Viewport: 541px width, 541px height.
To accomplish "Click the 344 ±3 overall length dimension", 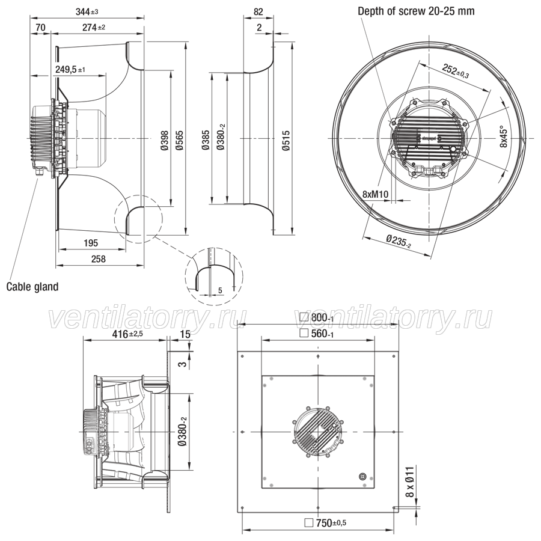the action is (x=87, y=12).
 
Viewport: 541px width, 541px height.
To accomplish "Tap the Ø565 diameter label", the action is (x=180, y=141).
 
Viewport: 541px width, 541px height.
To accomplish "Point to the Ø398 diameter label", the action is (x=165, y=141).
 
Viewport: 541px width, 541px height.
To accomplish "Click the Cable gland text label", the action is (x=32, y=287).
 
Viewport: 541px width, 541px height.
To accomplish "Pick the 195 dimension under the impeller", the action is (x=91, y=243).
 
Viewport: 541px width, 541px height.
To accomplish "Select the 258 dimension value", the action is (x=99, y=258).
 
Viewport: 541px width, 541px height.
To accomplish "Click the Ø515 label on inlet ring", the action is (x=286, y=141).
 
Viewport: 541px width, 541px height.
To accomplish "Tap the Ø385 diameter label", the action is (x=206, y=139).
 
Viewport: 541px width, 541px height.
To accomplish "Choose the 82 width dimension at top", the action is (x=258, y=12).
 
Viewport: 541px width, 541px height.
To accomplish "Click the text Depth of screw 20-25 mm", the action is (x=416, y=11).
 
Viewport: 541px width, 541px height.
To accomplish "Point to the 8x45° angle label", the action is (x=504, y=137).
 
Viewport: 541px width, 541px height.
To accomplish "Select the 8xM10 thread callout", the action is (x=375, y=195).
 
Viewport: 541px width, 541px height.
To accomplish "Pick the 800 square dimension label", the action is (x=317, y=317).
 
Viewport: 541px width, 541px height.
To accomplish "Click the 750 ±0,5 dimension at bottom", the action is (x=325, y=523).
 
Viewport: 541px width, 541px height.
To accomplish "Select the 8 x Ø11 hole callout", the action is (x=409, y=482).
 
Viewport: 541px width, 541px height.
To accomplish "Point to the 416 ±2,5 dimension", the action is (x=127, y=334).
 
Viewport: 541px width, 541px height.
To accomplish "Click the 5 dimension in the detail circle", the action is (x=220, y=290).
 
